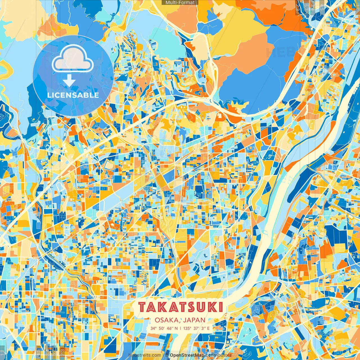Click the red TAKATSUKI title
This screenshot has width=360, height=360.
(181, 307)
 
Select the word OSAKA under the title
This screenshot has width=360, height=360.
(166, 320)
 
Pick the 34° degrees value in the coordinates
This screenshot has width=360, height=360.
(153, 328)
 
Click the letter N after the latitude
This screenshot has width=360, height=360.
(176, 328)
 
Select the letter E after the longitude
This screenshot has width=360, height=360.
(208, 328)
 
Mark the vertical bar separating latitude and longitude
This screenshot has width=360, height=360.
(180, 328)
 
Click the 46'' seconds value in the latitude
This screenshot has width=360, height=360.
(170, 328)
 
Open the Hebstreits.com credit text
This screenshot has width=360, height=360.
(145, 355)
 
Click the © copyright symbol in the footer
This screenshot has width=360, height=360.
(167, 355)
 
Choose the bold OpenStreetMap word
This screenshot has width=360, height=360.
(187, 355)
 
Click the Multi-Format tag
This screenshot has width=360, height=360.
(180, 3)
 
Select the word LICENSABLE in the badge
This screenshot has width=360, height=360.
(73, 95)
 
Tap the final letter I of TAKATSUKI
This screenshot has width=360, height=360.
(220, 307)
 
